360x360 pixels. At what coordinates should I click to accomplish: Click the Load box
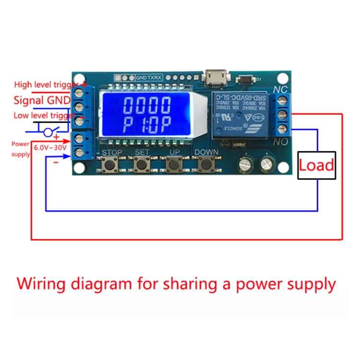click(x=316, y=166)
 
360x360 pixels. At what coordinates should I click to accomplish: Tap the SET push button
click(x=141, y=165)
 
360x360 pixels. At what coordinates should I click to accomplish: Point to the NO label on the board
click(x=280, y=142)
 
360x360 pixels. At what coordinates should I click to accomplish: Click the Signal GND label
click(x=42, y=100)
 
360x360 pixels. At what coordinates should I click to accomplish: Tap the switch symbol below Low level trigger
click(x=48, y=131)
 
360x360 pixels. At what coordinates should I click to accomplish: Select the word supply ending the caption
click(x=309, y=284)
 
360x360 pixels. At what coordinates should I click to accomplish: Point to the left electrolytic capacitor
click(x=245, y=165)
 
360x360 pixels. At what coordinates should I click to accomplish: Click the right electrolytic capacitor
click(x=266, y=165)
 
